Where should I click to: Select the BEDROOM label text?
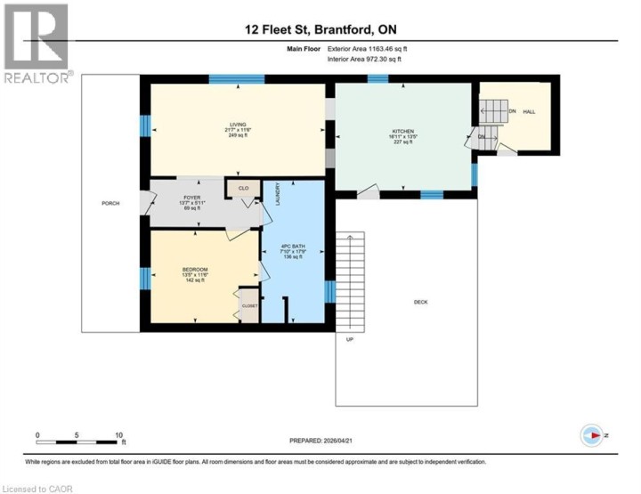click(195, 270)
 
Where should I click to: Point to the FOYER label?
click(193, 198)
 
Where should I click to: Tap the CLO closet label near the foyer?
click(243, 188)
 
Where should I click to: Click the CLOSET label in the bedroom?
click(249, 306)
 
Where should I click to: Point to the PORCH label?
click(110, 203)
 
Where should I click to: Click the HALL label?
click(529, 111)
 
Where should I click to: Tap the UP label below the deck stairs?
click(351, 339)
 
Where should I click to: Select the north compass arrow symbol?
click(595, 436)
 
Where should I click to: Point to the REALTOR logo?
click(38, 45)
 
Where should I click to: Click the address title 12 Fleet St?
click(320, 28)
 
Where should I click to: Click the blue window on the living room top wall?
click(236, 79)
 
